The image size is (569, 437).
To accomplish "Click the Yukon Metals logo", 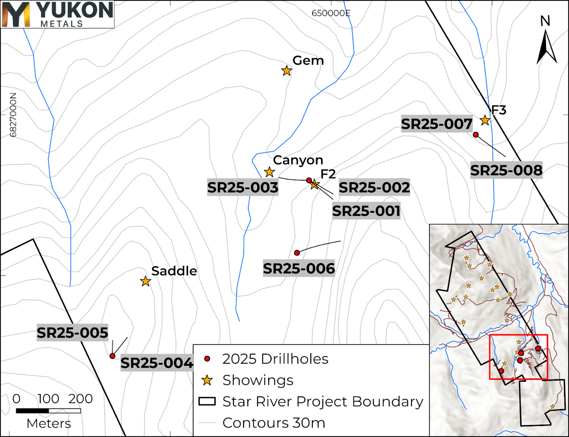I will (x=57, y=14).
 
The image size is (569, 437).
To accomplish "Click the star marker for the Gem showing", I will (x=286, y=71).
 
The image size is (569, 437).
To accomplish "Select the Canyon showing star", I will (x=269, y=172).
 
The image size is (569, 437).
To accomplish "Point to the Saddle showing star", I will (x=145, y=282).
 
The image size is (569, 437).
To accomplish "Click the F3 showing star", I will (x=485, y=120).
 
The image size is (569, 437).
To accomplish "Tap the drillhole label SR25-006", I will (x=299, y=269).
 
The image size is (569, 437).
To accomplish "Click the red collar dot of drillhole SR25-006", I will (x=297, y=253).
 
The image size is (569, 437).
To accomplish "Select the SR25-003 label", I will (x=243, y=188).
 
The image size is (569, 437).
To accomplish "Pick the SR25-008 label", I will (x=506, y=170).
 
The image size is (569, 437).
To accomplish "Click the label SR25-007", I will (x=437, y=124).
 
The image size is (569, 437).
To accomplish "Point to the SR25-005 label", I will (x=72, y=333).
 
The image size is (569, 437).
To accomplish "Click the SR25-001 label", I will (x=366, y=211).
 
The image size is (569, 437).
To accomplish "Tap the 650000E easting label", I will (x=331, y=13).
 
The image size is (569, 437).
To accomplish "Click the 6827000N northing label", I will (x=13, y=115).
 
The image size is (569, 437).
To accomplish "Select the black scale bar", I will (x=48, y=410).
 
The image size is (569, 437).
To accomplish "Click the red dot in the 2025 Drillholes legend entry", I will (x=207, y=358).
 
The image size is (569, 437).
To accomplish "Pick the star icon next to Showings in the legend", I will (x=207, y=380).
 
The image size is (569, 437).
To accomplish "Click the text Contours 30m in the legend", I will (x=274, y=423).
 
